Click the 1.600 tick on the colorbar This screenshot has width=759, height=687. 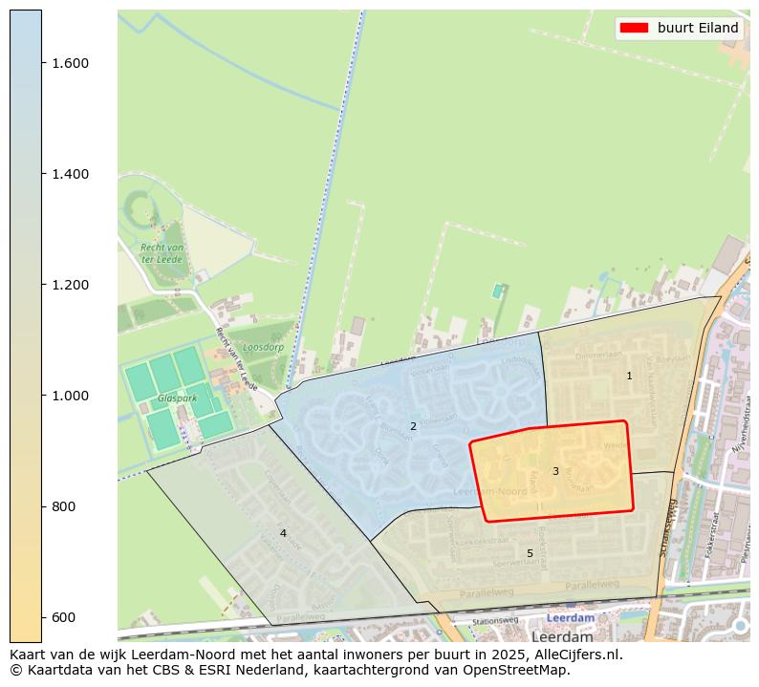click(x=71, y=63)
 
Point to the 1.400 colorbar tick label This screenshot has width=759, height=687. click(x=71, y=174)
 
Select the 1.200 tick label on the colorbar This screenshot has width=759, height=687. click(x=71, y=285)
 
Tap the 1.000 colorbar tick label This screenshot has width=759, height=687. click(x=71, y=396)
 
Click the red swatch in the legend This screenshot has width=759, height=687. click(x=634, y=28)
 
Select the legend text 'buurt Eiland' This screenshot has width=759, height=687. click(x=698, y=28)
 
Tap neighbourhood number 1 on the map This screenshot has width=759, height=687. click(x=629, y=376)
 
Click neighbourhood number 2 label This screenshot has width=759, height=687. click(x=413, y=426)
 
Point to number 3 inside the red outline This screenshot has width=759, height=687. click(x=555, y=471)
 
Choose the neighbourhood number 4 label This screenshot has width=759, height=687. click(x=283, y=533)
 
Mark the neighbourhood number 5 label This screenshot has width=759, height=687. click(x=530, y=553)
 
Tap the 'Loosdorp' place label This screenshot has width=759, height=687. click(x=264, y=348)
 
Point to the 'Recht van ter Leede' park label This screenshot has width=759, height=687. click(x=163, y=253)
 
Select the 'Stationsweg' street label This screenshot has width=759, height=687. click(x=495, y=621)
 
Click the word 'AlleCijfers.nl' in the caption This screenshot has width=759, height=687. click(x=576, y=655)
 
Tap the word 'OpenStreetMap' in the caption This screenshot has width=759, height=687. click(x=524, y=670)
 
